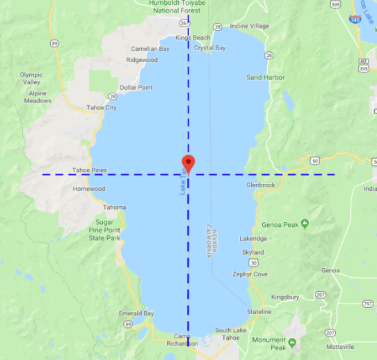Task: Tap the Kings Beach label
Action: point(193,38)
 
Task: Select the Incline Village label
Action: point(249,26)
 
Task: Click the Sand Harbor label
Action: point(265,77)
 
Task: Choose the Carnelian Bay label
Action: point(150,49)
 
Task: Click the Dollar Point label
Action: point(136,88)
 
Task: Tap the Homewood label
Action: point(89,189)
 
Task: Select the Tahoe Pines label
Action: point(90,170)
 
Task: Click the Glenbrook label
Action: point(261,185)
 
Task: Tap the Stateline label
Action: point(259,311)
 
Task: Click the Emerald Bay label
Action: point(136,313)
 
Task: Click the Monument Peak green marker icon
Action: point(292,341)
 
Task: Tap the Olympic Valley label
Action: point(31,79)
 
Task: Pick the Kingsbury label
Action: point(285,297)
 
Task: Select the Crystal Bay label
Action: point(209,48)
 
